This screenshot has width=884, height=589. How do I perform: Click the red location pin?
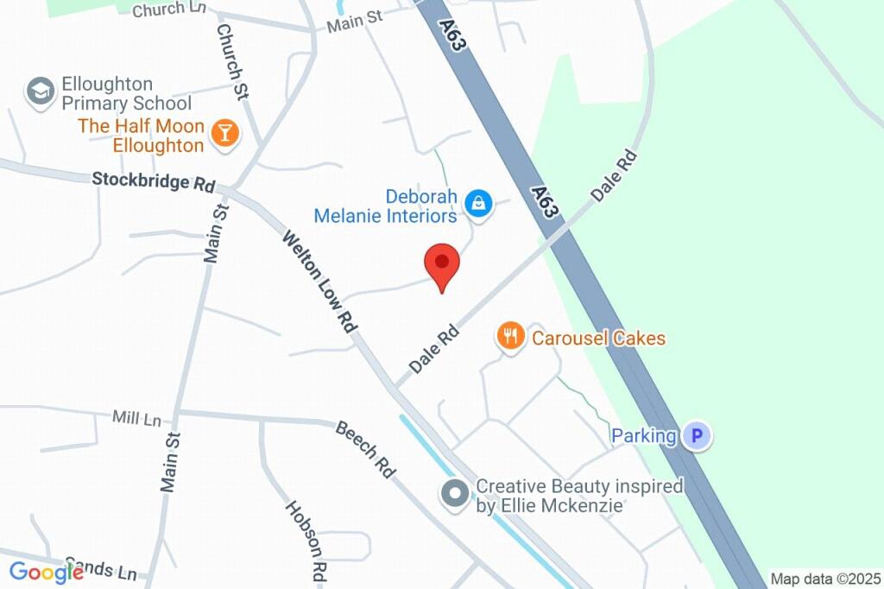coord(441,263)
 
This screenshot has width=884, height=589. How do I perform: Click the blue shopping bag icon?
coord(476,204)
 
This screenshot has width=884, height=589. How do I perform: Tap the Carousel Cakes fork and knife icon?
coord(510,336)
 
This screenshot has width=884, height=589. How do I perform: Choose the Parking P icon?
coord(697,435)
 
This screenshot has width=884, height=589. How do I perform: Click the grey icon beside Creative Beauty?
coord(454,495)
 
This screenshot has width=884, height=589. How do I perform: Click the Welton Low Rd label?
coord(320,282)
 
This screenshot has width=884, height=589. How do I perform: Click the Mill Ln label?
coord(136,419)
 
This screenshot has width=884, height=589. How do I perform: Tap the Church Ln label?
coord(171,9)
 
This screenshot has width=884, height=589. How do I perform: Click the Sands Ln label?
coord(112,570)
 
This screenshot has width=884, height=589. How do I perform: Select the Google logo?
coord(47,572)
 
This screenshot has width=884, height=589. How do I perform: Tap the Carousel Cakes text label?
coord(598,337)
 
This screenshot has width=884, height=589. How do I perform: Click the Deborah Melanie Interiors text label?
coord(386,205)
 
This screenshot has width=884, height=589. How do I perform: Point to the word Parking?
coord(644,435)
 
